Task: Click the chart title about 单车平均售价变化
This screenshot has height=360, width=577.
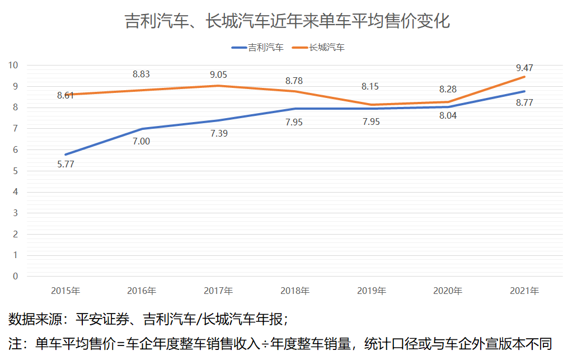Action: pyautogui.click(x=288, y=21)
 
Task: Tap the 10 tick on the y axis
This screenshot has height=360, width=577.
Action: pyautogui.click(x=13, y=65)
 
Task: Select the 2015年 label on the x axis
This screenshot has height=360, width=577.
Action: pyautogui.click(x=65, y=291)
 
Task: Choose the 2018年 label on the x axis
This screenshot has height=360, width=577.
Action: pyautogui.click(x=295, y=291)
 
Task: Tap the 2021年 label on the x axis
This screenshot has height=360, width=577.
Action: pyautogui.click(x=524, y=291)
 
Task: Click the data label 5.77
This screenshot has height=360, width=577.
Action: pyautogui.click(x=65, y=165)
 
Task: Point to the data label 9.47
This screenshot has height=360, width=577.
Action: pyautogui.click(x=524, y=68)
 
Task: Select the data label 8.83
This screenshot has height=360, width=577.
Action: pyautogui.click(x=142, y=74)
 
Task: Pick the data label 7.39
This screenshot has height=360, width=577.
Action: pyautogui.click(x=218, y=133)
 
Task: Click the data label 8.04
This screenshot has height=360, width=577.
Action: pyautogui.click(x=448, y=116)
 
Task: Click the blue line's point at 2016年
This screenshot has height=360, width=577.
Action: pyautogui.click(x=142, y=129)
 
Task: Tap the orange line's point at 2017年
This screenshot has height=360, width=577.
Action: pyautogui.click(x=218, y=86)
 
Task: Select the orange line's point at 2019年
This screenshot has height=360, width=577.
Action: pyautogui.click(x=371, y=105)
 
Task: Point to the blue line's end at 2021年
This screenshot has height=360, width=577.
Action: pyautogui.click(x=524, y=91)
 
